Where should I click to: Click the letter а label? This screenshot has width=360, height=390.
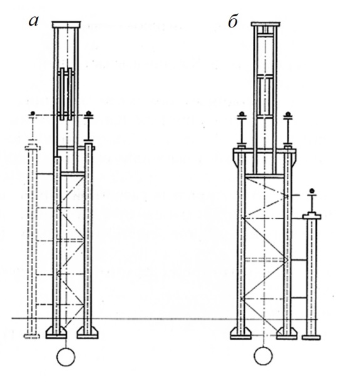(x=34, y=21)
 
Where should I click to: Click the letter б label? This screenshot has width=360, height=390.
(x=233, y=22)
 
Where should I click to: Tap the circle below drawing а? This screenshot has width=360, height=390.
(x=66, y=357)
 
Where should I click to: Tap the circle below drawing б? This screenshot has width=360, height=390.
(x=263, y=356)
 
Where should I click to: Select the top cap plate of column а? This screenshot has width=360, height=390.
(x=66, y=24)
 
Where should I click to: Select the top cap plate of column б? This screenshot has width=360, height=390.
(x=265, y=24)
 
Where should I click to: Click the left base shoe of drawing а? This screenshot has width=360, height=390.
(x=56, y=333)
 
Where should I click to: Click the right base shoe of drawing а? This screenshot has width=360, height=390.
(x=88, y=333)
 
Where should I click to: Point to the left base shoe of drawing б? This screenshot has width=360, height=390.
(x=240, y=333)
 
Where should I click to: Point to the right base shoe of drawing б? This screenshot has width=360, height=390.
(x=287, y=333)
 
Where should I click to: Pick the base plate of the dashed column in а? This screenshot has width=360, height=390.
(x=32, y=336)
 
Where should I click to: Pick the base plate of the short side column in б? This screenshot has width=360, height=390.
(x=311, y=337)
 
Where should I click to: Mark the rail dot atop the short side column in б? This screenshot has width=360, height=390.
(x=311, y=191)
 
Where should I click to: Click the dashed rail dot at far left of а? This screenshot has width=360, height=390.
(x=33, y=113)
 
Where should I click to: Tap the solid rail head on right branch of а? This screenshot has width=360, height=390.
(x=88, y=114)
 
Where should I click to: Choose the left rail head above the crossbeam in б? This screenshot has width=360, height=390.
(x=241, y=115)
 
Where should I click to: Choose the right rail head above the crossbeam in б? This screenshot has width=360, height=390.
(x=288, y=115)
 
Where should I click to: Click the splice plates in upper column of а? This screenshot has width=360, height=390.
(x=66, y=94)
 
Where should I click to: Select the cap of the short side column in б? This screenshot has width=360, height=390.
(x=312, y=216)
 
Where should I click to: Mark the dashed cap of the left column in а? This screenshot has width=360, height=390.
(x=33, y=146)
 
